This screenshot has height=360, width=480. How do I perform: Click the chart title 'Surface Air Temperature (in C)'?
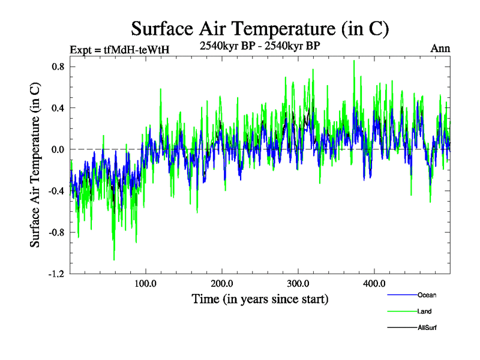[260, 28]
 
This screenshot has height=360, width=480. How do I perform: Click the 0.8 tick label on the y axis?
[58, 67]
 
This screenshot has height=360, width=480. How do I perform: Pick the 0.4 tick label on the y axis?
[58, 108]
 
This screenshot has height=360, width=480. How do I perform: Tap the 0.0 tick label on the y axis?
[58, 149]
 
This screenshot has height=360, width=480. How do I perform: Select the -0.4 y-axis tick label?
[56, 191]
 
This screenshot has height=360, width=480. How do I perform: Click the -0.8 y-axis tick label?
[56, 232]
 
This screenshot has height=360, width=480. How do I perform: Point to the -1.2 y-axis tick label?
[56, 274]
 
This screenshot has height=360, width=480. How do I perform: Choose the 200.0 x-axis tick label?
[222, 283]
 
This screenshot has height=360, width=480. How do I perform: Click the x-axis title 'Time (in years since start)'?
[260, 298]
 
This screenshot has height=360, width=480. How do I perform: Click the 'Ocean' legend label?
[427, 295]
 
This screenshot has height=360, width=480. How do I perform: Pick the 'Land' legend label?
[425, 311]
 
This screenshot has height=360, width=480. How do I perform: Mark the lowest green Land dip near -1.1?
[114, 259]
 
